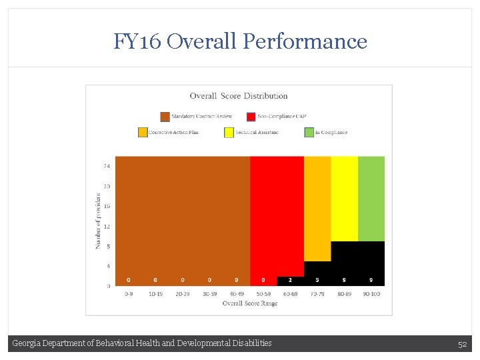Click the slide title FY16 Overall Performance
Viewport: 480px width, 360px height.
coord(240,41)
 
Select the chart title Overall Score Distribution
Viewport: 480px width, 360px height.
coord(239,96)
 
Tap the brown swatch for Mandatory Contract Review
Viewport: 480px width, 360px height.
coord(165,117)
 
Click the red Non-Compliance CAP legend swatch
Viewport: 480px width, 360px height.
coord(251,117)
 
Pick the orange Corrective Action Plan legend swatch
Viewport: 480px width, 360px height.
coord(143,132)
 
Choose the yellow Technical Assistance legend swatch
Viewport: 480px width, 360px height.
coord(229,132)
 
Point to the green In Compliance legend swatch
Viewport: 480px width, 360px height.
coord(309,132)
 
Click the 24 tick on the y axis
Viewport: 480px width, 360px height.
coord(107,165)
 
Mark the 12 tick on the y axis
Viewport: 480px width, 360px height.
coord(107,226)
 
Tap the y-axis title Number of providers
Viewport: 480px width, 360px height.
coord(98,221)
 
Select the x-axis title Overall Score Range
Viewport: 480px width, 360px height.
coord(250,303)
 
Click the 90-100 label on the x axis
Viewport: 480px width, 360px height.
coord(371,293)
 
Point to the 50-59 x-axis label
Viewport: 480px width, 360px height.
coord(263,293)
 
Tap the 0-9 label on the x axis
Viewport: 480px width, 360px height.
coord(128,293)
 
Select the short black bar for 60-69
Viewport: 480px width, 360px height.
coord(290,281)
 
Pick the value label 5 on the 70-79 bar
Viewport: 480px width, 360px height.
coord(317,280)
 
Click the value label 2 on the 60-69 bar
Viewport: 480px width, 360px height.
coord(290,280)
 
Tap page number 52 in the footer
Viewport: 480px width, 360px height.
coord(462,344)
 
